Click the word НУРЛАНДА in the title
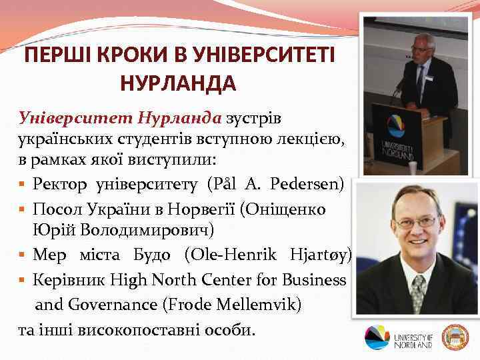pyautogui.click(x=178, y=83)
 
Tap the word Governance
pyautogui.click(x=94, y=305)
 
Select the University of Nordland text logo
pyautogui.click(x=413, y=337)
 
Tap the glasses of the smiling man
pyautogui.click(x=414, y=221)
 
